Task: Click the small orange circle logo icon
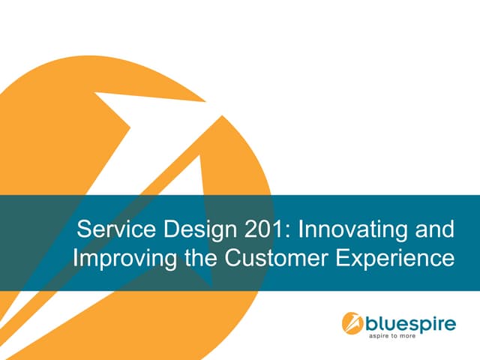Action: (352, 323)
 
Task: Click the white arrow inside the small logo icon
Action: (352, 323)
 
